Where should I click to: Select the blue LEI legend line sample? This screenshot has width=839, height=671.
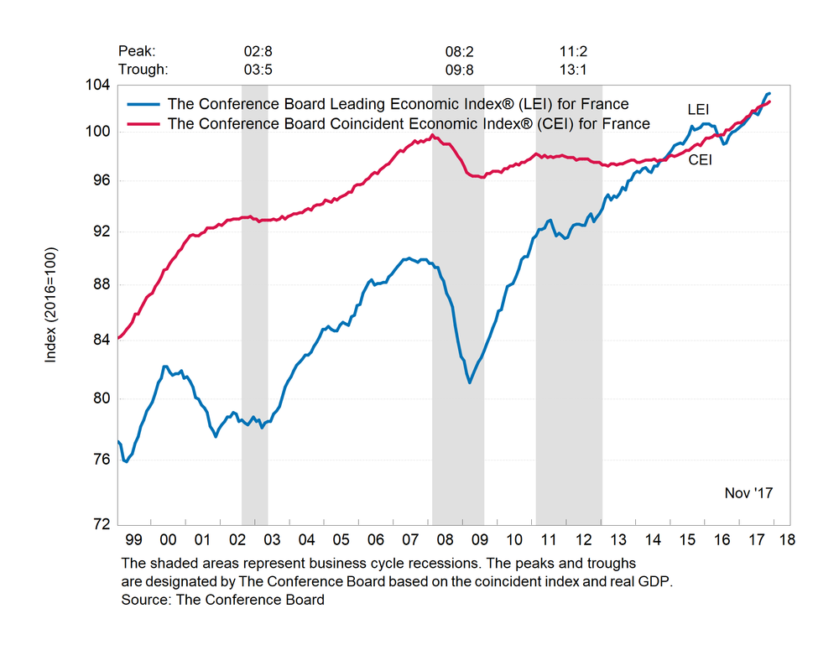(143, 105)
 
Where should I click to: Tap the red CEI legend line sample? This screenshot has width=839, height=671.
(143, 124)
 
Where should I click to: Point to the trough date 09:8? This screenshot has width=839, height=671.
(460, 70)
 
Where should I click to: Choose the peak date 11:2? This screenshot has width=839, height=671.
(574, 51)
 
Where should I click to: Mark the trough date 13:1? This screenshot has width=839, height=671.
(574, 70)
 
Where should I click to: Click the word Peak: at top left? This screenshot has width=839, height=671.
(138, 51)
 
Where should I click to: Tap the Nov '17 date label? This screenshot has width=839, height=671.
(748, 493)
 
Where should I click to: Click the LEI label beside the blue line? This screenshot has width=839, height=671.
(699, 110)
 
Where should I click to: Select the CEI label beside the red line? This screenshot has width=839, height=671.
(700, 159)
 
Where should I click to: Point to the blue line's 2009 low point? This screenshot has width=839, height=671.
(470, 382)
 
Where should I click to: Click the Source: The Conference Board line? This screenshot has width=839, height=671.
(222, 600)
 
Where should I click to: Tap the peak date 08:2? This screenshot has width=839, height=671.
(460, 51)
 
